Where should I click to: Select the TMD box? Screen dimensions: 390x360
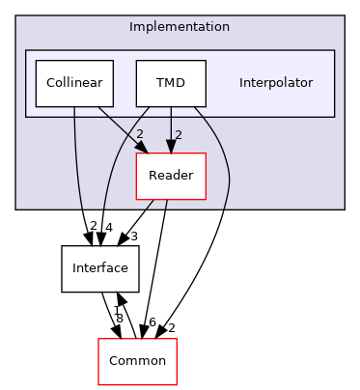[x=172, y=84]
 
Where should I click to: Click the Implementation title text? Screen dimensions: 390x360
[x=180, y=26]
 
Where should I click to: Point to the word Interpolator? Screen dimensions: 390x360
[x=276, y=83]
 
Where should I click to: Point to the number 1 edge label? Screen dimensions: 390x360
[x=116, y=309]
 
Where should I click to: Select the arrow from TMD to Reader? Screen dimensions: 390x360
[x=171, y=130]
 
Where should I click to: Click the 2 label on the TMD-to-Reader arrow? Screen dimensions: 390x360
[x=178, y=134]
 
